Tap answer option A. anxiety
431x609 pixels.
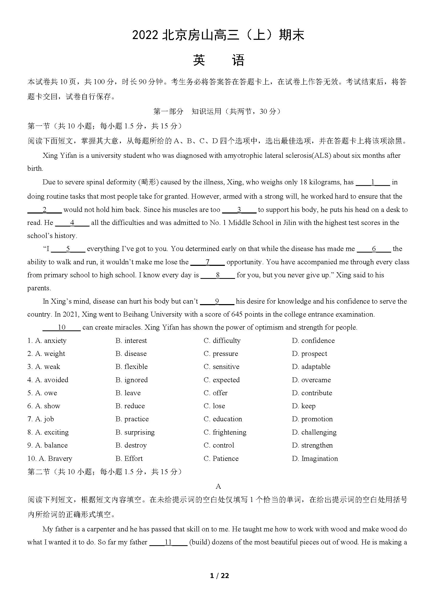[x=47, y=340]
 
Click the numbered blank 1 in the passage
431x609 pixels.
[x=373, y=182]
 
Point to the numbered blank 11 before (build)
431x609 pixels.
[x=168, y=542]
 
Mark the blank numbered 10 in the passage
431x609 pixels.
[x=61, y=327]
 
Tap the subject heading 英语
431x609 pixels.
[x=218, y=60]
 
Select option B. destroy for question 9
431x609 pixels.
[x=131, y=445]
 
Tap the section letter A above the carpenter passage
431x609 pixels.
[x=218, y=486]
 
